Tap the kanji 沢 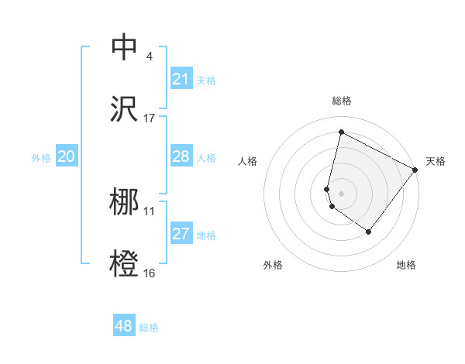point(125,109)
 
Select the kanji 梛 point(125,202)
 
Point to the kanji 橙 point(125,263)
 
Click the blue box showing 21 point(181,79)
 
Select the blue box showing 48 point(124,326)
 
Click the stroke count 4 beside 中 point(150,57)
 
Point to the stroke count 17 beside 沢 point(150,118)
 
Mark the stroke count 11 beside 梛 point(150,211)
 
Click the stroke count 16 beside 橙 point(150,273)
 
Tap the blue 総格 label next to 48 point(150,328)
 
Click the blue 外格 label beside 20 point(41,158)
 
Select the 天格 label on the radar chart point(436,161)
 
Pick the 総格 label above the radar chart point(341,101)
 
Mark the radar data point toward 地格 point(369,232)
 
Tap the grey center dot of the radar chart point(341,193)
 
